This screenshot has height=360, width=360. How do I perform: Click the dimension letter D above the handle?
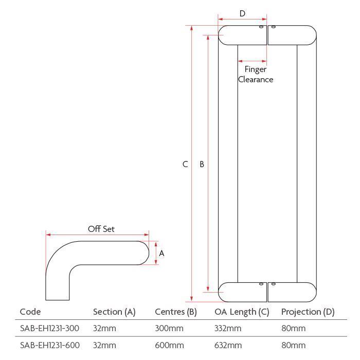click(242, 13)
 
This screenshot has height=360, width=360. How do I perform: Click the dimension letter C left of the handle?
click(185, 164)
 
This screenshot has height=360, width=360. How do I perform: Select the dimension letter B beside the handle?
click(202, 164)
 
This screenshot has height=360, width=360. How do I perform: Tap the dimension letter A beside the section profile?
click(161, 253)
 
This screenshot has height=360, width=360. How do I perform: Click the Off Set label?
click(101, 229)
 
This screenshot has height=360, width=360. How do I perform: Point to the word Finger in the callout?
click(255, 69)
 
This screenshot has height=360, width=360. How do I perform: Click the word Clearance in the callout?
click(256, 79)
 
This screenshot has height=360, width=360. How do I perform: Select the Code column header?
click(30, 312)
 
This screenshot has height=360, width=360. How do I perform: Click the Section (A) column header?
click(114, 312)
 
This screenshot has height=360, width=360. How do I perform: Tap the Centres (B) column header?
click(176, 312)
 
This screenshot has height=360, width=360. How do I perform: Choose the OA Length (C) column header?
click(242, 312)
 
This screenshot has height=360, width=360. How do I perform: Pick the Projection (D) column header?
click(308, 312)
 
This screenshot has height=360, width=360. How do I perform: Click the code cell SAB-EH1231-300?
click(49, 328)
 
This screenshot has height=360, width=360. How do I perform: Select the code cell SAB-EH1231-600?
click(50, 345)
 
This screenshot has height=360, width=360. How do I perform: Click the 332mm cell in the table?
click(228, 328)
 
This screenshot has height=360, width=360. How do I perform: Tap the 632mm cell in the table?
click(228, 345)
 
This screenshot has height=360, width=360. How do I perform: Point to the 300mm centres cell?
click(169, 328)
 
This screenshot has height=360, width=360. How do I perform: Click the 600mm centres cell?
click(169, 345)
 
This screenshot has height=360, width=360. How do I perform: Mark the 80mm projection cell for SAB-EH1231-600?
click(294, 345)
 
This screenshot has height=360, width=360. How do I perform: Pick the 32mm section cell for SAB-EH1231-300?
click(104, 328)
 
